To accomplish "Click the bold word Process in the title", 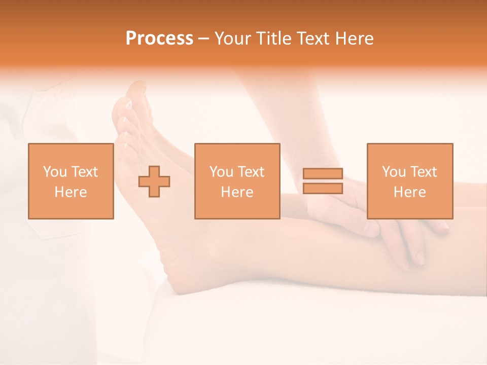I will (159, 39).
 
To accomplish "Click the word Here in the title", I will (355, 39).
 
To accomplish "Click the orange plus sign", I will (154, 181).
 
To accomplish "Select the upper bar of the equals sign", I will (323, 173).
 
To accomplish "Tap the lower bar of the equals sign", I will (323, 189).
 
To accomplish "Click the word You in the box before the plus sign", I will (55, 172).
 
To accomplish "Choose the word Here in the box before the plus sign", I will (71, 192).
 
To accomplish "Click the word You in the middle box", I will (221, 172).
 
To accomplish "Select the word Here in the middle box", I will (237, 192).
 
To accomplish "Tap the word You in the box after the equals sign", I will (394, 172).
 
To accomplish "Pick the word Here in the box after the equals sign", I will (409, 192).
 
